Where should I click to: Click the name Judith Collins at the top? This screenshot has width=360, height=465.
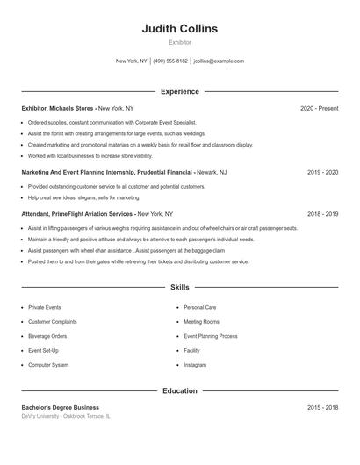[179, 28]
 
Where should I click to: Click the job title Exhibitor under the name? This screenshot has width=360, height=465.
[179, 42]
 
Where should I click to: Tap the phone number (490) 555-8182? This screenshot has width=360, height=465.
[170, 61]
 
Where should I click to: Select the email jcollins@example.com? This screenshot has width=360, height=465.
[219, 61]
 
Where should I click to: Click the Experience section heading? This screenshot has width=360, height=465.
[179, 91]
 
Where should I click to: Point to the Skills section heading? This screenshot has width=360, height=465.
[179, 287]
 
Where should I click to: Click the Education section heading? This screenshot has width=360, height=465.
[179, 390]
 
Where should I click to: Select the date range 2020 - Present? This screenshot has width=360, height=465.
[319, 108]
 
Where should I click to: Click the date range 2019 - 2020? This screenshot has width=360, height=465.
[322, 173]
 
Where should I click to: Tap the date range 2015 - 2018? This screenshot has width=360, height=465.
[322, 407]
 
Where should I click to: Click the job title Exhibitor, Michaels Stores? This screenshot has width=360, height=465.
[58, 108]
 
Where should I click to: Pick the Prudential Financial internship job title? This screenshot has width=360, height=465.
[107, 173]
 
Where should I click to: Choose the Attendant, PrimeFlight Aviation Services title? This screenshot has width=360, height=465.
[77, 213]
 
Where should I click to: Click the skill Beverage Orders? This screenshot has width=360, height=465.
[47, 336]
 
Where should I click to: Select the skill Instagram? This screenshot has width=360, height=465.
[195, 364]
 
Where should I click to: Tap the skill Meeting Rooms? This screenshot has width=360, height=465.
[201, 322]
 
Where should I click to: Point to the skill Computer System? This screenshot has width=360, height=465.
[48, 364]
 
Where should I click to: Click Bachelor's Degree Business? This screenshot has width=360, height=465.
[60, 407]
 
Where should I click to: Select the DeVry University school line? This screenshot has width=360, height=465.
[66, 416]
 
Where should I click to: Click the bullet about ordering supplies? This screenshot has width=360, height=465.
[112, 123]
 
